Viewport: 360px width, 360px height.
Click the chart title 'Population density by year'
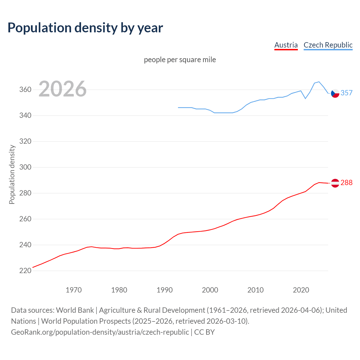[x=85, y=28]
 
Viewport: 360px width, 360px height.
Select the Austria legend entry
[x=286, y=45]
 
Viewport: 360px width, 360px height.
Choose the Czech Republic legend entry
[x=328, y=45]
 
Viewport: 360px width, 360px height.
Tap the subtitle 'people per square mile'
[x=180, y=60]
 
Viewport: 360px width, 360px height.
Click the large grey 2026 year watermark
[x=62, y=89]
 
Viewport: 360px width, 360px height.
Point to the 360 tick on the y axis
[x=25, y=90]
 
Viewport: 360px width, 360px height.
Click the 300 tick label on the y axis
[x=25, y=167]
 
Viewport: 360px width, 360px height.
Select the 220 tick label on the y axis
[x=25, y=271]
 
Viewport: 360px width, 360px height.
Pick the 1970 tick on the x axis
[x=74, y=290]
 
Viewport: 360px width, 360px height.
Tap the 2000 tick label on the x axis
[x=210, y=290]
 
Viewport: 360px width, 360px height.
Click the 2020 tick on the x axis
[x=301, y=290]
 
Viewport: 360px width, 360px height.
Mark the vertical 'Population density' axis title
[x=12, y=174]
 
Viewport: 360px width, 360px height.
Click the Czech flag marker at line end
[x=335, y=93]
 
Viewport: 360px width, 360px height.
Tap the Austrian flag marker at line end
[x=335, y=183]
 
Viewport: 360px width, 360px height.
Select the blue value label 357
[x=346, y=93]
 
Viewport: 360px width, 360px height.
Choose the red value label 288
[x=346, y=183]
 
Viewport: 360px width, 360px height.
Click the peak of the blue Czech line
[x=319, y=82]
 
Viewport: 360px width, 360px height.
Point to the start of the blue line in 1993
[x=178, y=107]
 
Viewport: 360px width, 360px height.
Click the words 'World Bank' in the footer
[x=75, y=310]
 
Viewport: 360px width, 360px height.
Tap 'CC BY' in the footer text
[x=204, y=332]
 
